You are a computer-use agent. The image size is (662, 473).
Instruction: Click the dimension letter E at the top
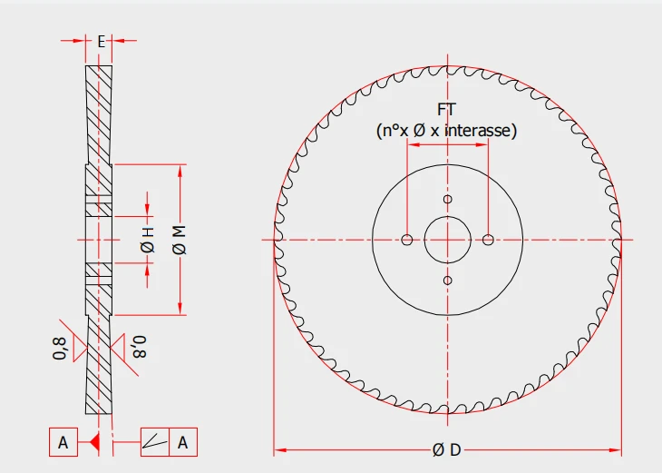coord(101,42)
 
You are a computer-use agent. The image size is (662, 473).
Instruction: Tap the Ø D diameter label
coord(447,450)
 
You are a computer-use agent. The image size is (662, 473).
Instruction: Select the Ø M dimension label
coord(180,240)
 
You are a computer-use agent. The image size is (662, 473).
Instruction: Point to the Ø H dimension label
coord(147,240)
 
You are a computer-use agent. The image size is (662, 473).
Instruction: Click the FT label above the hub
coord(447,110)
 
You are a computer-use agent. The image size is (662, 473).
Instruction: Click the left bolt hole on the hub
coord(407,240)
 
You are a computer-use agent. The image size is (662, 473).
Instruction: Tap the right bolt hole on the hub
coord(488,240)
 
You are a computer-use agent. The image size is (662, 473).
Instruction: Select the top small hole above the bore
coord(447,199)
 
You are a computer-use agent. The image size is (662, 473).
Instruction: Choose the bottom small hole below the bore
coord(447,281)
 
